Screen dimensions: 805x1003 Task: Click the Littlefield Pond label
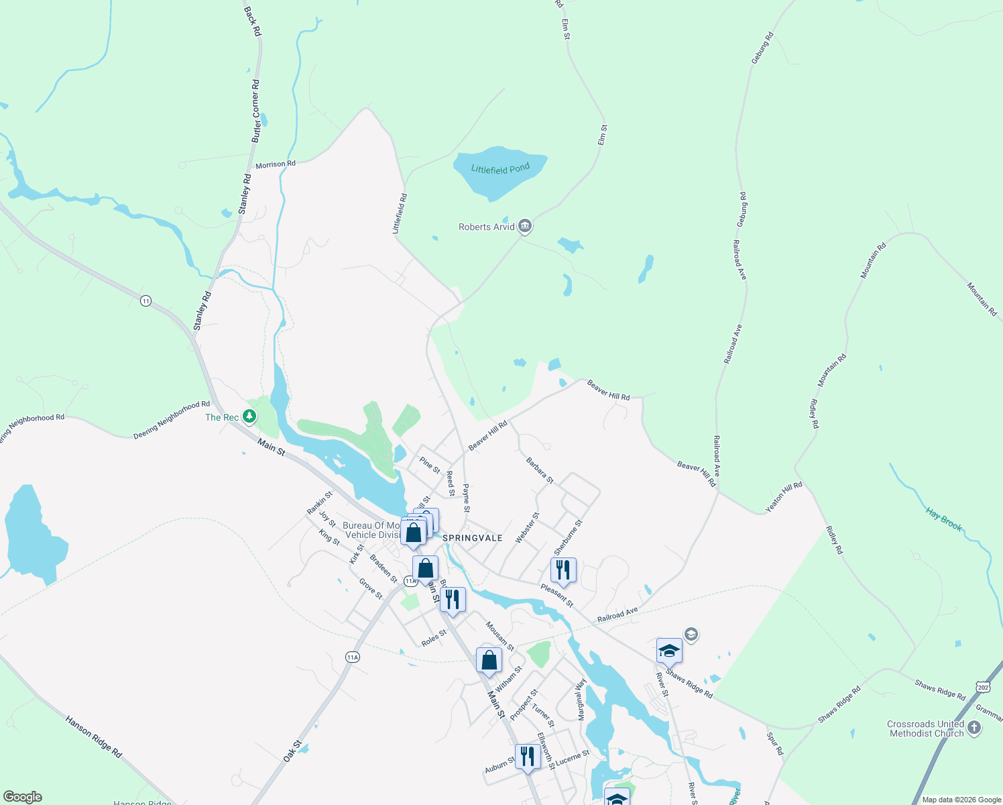coord(500,169)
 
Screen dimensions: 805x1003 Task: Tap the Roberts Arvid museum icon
coord(525,226)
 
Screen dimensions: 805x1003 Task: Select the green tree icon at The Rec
coord(249,417)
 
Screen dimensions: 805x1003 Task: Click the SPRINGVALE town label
coord(473,538)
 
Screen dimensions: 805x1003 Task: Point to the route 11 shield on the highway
coord(145,301)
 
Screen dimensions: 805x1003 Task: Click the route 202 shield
coord(983,688)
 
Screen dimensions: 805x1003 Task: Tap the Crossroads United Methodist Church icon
coord(974,728)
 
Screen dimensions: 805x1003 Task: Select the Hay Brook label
coord(944,520)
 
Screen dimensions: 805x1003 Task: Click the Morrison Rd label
coord(275,164)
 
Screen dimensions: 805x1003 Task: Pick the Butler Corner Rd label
coord(255,111)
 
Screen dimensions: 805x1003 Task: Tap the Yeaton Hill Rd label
coord(784,496)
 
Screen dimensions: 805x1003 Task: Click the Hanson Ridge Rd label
coord(94,737)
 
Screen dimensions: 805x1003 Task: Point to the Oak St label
coord(293,751)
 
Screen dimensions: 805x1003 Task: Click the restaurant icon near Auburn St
coord(528,757)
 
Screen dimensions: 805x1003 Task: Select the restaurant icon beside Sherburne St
coord(563,570)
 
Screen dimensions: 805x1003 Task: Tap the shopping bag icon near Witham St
coord(489,660)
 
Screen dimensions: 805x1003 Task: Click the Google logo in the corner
coord(23,797)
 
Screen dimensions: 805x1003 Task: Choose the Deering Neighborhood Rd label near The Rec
coord(172,420)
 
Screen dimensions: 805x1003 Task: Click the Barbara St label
coord(540,470)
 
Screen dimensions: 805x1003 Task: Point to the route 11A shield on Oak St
coord(353,657)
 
